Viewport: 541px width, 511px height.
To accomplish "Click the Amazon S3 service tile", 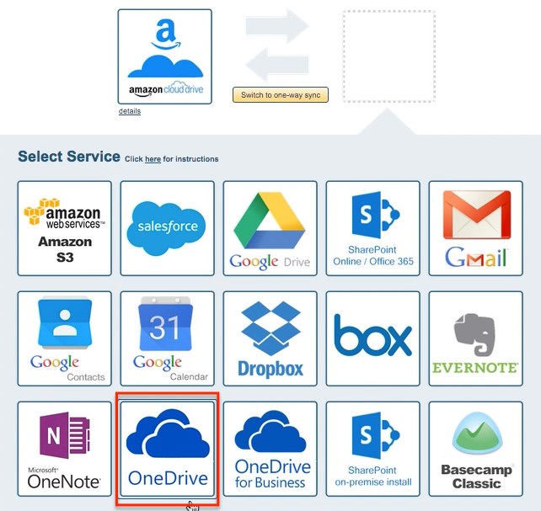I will tap(65, 228).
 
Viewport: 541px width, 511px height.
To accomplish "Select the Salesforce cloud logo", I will tap(167, 228).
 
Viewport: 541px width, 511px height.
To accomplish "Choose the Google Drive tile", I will tap(270, 228).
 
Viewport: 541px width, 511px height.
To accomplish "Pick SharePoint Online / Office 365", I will tap(372, 228).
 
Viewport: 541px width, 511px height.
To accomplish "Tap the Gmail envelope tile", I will tap(475, 228).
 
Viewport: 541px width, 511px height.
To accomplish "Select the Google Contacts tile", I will tap(65, 338).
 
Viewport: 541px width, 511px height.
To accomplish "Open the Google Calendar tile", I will tap(167, 338).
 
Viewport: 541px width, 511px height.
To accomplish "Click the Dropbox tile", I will tap(270, 338).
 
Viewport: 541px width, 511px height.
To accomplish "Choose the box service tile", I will tap(372, 338).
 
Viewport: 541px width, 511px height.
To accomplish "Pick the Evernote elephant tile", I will tap(475, 338).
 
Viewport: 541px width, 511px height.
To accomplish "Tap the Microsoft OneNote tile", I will tap(65, 449).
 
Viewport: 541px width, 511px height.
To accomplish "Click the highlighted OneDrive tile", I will tap(167, 449).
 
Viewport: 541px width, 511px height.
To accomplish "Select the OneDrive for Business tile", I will tap(270, 449).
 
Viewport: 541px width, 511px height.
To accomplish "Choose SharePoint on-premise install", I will tap(372, 449).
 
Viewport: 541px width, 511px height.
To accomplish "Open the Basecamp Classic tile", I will tap(475, 449).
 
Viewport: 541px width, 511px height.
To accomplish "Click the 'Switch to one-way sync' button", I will tap(280, 95).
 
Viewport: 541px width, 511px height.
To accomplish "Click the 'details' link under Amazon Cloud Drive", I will tap(130, 111).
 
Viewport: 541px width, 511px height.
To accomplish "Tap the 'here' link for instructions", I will tap(153, 159).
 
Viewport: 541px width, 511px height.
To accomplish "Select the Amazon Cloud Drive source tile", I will tap(165, 56).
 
